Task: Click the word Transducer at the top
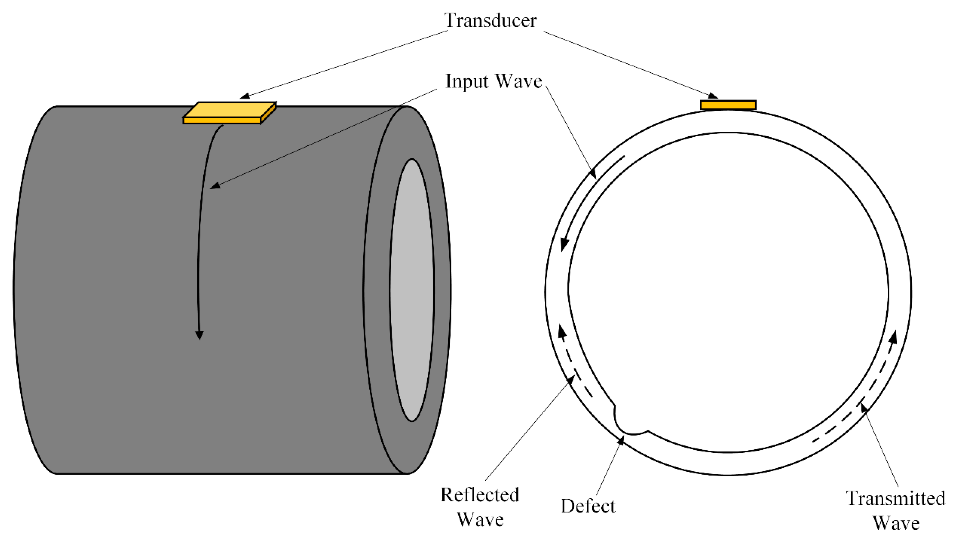coord(490,20)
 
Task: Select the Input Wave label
coord(494,81)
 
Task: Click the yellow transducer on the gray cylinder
coord(230,112)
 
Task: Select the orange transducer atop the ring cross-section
coord(728,105)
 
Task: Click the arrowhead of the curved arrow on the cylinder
coord(200,334)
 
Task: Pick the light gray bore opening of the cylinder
coord(412,290)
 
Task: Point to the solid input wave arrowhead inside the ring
coord(564,245)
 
